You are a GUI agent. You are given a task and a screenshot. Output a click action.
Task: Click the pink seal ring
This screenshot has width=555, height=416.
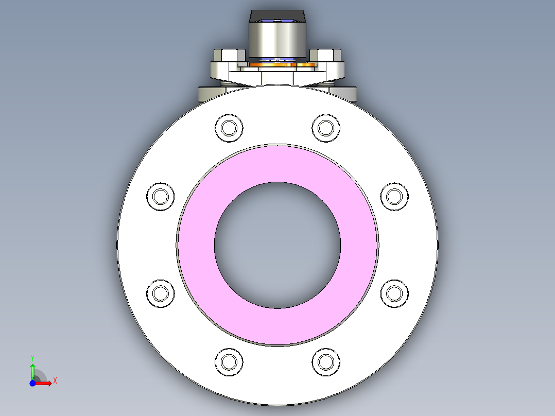point(278,164)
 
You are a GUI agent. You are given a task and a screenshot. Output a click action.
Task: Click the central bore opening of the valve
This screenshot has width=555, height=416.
point(277,245)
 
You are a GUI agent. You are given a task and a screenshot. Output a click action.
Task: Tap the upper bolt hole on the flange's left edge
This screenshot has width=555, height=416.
point(161,197)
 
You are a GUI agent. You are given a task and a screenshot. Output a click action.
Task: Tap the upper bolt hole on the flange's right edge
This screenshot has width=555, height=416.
point(394,197)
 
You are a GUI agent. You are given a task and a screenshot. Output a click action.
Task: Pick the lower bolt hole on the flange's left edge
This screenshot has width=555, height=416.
point(161,293)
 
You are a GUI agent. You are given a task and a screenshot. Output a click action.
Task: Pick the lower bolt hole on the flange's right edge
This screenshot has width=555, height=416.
point(394,293)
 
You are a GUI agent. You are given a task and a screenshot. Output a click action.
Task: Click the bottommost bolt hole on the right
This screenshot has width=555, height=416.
point(326,361)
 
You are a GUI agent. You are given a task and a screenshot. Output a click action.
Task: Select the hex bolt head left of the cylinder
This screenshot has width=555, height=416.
point(226,55)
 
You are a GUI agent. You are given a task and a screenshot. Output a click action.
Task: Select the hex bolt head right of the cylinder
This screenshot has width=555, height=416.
point(326,55)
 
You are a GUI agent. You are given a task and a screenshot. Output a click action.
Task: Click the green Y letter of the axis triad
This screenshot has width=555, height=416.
point(32,357)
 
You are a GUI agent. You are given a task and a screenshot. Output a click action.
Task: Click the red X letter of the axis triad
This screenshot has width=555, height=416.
point(55,380)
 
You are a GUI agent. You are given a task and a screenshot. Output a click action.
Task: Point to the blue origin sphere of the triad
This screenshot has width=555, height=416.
point(33,383)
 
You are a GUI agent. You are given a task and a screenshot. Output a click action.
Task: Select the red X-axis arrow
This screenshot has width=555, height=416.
point(45,383)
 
